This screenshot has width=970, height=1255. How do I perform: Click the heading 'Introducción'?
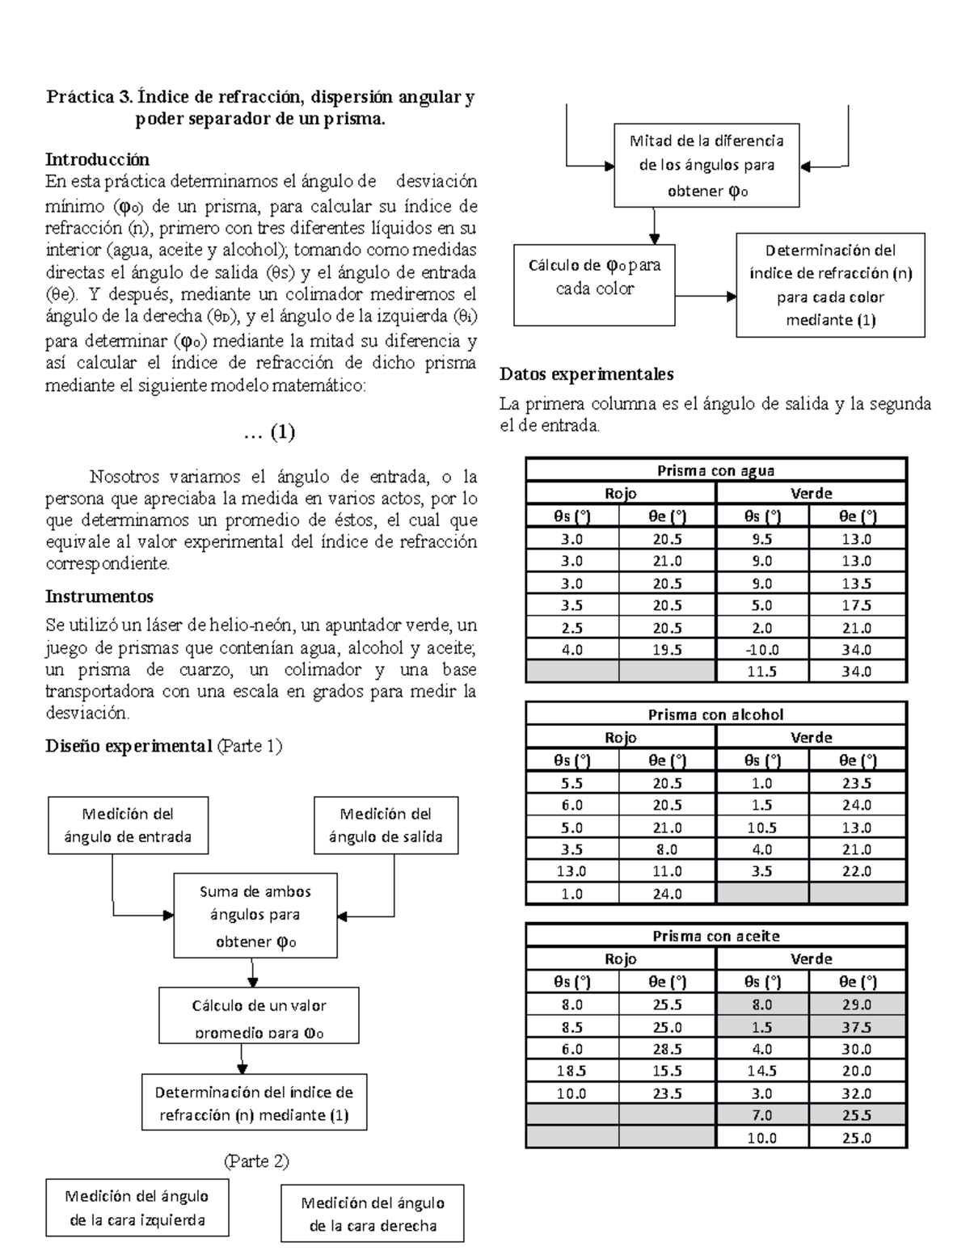pos(97,159)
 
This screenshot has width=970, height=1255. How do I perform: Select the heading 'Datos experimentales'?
pos(586,374)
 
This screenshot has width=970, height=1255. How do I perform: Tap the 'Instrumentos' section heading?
pos(99,596)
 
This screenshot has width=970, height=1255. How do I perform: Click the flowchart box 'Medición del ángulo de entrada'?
pos(128,825)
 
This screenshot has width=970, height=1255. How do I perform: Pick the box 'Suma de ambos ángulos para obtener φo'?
pos(255,916)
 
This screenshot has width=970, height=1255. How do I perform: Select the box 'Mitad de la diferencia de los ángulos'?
pos(706,166)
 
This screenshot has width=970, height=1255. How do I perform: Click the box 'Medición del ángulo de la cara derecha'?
pos(373,1213)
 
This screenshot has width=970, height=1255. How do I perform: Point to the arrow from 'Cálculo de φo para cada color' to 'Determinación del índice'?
pos(705,297)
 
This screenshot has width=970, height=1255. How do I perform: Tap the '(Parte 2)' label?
pos(255,1161)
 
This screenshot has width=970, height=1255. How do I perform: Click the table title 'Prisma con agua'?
pos(715,470)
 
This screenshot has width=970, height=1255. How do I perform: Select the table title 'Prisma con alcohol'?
pos(715,714)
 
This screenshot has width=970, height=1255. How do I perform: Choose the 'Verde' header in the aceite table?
pos(811,958)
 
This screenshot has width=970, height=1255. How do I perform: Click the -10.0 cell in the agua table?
pos(762,650)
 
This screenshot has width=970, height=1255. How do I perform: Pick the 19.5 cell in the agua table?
pos(667,650)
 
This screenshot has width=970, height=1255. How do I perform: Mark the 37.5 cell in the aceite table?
pos(856,1027)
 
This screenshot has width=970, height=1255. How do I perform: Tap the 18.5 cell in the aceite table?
pos(571,1071)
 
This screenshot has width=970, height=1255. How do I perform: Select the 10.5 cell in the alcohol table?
pos(762,828)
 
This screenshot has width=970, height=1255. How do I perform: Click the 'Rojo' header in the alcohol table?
pos(620,737)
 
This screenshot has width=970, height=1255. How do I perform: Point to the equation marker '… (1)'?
pos(269,432)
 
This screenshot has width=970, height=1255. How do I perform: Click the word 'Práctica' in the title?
pos(80,98)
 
